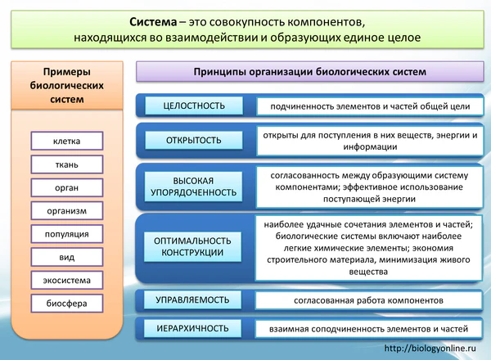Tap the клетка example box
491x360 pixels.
coord(67,142)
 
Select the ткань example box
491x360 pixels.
coord(67,164)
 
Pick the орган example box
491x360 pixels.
coord(67,187)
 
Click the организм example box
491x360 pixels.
coord(67,211)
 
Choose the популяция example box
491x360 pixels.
coord(67,234)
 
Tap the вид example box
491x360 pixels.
coord(67,257)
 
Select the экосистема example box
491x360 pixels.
coord(67,281)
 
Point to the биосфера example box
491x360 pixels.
coord(67,304)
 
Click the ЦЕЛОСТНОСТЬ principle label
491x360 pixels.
coord(194,106)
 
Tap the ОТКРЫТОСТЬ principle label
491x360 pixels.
coord(194,140)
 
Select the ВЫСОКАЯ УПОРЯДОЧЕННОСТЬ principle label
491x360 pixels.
coord(194,187)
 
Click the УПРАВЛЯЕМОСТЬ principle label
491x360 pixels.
coord(194,300)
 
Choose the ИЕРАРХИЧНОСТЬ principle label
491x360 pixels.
coord(194,328)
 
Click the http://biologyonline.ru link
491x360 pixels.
coord(430,349)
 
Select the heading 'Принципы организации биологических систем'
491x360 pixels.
coord(310,71)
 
